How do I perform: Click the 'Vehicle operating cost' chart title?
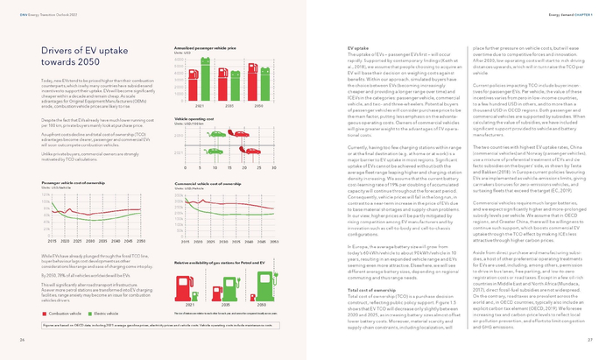click(196, 117)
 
